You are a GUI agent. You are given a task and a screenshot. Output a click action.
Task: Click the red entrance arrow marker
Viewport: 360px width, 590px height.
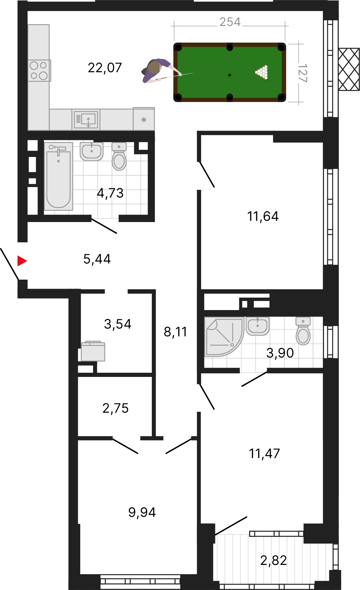tap(22, 261)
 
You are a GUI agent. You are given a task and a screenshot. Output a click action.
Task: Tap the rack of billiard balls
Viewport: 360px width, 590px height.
tap(262, 72)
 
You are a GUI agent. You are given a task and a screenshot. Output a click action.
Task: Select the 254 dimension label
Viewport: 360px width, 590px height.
tap(230, 22)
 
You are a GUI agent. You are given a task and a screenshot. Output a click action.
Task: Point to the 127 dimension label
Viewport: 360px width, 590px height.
tap(302, 73)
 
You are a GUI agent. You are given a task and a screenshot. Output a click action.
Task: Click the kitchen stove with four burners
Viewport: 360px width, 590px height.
tap(39, 71)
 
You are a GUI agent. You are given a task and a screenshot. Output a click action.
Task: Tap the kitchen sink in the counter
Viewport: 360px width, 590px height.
tap(86, 119)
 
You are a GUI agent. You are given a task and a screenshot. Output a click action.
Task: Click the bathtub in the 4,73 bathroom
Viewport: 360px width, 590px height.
tap(58, 176)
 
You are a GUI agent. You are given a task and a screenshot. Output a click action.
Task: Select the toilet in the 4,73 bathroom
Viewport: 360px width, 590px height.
tap(119, 156)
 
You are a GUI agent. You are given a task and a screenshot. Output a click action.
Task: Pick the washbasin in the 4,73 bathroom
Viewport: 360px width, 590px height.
tap(92, 151)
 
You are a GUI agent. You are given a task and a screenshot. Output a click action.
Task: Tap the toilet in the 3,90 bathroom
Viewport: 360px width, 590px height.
tap(303, 331)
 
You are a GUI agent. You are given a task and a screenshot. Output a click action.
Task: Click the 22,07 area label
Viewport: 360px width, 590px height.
tap(105, 68)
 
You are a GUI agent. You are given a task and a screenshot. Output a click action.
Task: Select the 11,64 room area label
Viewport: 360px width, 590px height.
tap(263, 216)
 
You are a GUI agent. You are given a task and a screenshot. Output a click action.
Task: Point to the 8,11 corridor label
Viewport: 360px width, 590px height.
tap(175, 332)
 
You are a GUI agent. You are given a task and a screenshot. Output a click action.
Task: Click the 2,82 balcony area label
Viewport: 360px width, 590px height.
tap(274, 560)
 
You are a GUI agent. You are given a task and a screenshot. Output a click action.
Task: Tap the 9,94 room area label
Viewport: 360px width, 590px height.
tap(142, 512)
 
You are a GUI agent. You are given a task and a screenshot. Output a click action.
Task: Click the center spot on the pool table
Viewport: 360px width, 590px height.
tap(230, 75)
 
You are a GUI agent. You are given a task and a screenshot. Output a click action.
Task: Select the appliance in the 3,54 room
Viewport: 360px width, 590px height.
tap(93, 351)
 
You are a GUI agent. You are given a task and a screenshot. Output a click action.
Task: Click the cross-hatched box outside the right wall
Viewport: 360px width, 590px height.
tap(349, 69)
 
